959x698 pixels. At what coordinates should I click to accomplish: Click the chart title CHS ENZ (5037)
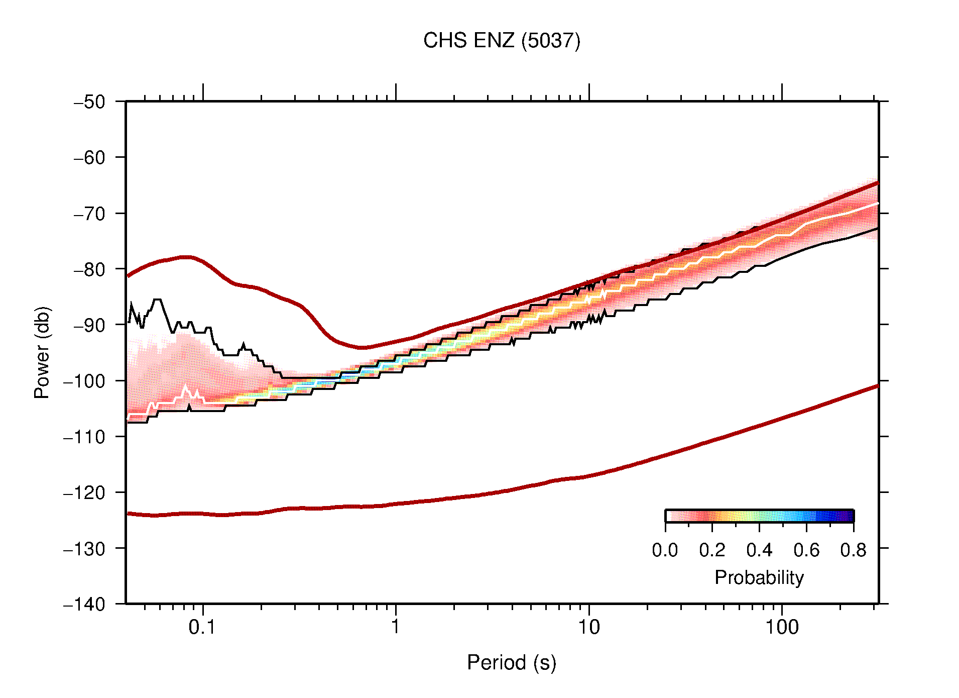coord(501,41)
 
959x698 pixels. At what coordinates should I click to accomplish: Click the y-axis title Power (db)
coord(42,352)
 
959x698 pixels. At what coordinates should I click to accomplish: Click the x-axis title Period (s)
coord(511,663)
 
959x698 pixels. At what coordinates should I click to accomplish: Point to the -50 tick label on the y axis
coord(89,102)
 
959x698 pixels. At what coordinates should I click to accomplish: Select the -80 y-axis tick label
coord(89,269)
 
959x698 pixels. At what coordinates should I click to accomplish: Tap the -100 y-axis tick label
coord(84,381)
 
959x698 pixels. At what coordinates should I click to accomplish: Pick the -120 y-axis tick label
coord(84,492)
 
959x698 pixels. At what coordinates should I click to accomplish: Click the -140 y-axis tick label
coord(84,604)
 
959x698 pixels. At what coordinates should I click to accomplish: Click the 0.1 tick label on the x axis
coord(202,627)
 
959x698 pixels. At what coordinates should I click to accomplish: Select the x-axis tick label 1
coord(396,627)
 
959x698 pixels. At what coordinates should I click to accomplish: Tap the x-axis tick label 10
coord(588,627)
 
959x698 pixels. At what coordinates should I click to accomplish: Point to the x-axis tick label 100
coord(781,627)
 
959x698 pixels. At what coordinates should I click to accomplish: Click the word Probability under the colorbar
coord(759,578)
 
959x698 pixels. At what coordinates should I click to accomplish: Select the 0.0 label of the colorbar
coord(665,550)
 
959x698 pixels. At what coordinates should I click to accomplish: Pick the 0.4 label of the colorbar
coord(759,550)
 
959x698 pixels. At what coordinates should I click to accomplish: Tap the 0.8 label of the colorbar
coord(853,550)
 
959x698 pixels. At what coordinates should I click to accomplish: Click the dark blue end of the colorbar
coord(849,516)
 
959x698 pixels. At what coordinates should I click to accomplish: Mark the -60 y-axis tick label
coord(89,158)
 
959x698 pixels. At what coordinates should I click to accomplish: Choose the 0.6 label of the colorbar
coord(806,550)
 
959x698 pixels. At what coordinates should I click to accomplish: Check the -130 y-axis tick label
coord(84,548)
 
